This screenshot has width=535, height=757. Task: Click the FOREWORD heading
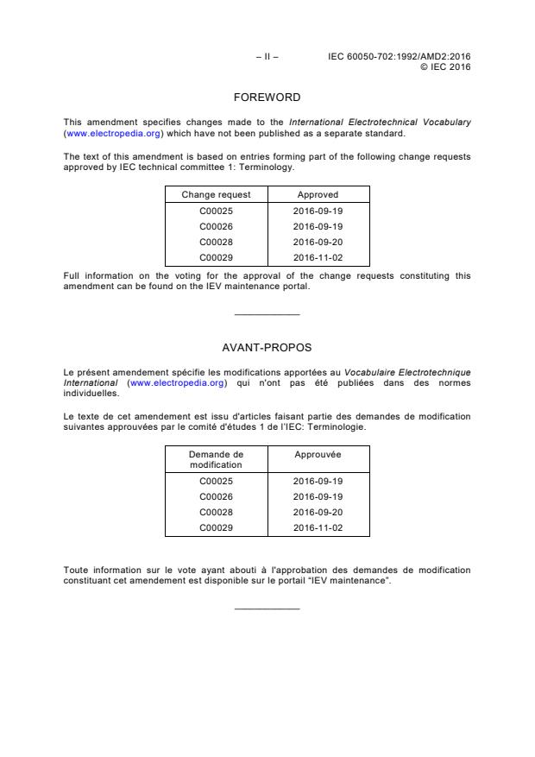point(267,98)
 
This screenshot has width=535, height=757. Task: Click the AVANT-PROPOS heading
point(267,349)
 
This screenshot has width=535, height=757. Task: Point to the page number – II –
point(267,57)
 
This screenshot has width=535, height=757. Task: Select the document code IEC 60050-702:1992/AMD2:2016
point(400,57)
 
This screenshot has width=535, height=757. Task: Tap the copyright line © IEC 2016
point(444,66)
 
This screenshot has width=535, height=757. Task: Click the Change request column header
point(216,195)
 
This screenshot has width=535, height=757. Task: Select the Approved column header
point(318,195)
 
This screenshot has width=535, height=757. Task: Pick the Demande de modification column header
point(216,459)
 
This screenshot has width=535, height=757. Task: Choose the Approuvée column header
point(318,454)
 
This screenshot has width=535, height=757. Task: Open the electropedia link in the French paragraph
point(177,382)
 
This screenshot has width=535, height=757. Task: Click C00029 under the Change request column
point(216,257)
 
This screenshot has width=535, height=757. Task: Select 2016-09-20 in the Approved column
point(318,242)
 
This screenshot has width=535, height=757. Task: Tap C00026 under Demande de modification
point(216,496)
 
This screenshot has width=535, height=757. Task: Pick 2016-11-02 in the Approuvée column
point(318,527)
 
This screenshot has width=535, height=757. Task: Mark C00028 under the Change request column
point(216,242)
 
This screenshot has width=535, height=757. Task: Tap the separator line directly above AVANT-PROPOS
point(267,314)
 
